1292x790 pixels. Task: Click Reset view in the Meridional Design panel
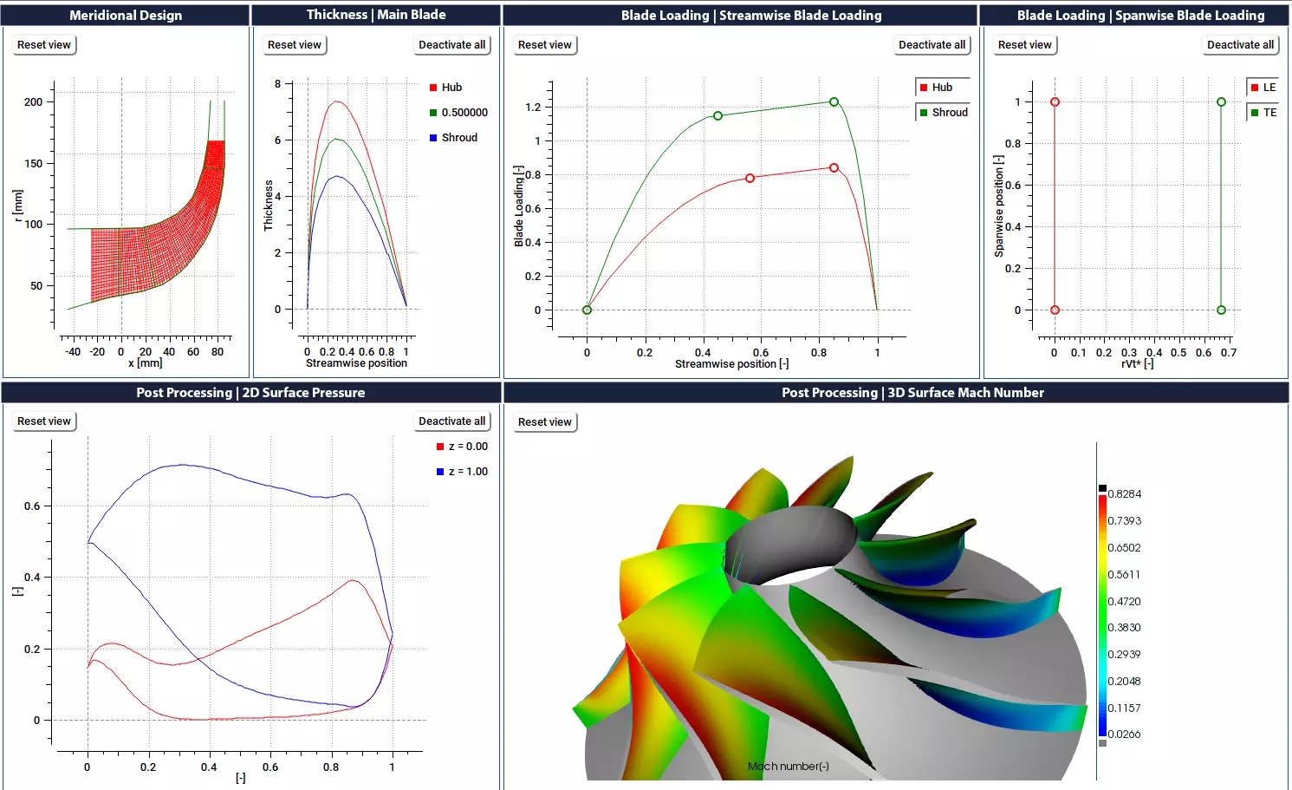[x=44, y=45]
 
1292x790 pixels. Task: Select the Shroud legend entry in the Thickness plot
[x=458, y=138]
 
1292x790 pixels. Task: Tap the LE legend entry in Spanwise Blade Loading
[x=1263, y=88]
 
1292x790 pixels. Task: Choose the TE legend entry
[x=1263, y=113]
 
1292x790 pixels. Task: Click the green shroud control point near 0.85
[x=834, y=102]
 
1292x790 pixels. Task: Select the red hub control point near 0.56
[x=750, y=179]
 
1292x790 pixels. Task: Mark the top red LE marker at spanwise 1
[x=1055, y=102]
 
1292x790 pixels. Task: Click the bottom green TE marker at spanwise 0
[x=1221, y=310]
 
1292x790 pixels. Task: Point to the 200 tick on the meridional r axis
[x=33, y=102]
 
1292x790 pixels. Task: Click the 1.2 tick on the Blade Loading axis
[x=533, y=108]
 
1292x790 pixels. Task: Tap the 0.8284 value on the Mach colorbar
[x=1124, y=494]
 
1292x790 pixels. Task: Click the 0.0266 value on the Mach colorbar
[x=1124, y=735]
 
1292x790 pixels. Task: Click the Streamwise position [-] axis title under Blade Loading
[x=731, y=364]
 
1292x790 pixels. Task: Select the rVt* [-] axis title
[x=1137, y=364]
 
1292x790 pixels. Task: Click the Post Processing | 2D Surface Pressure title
[x=250, y=393]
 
